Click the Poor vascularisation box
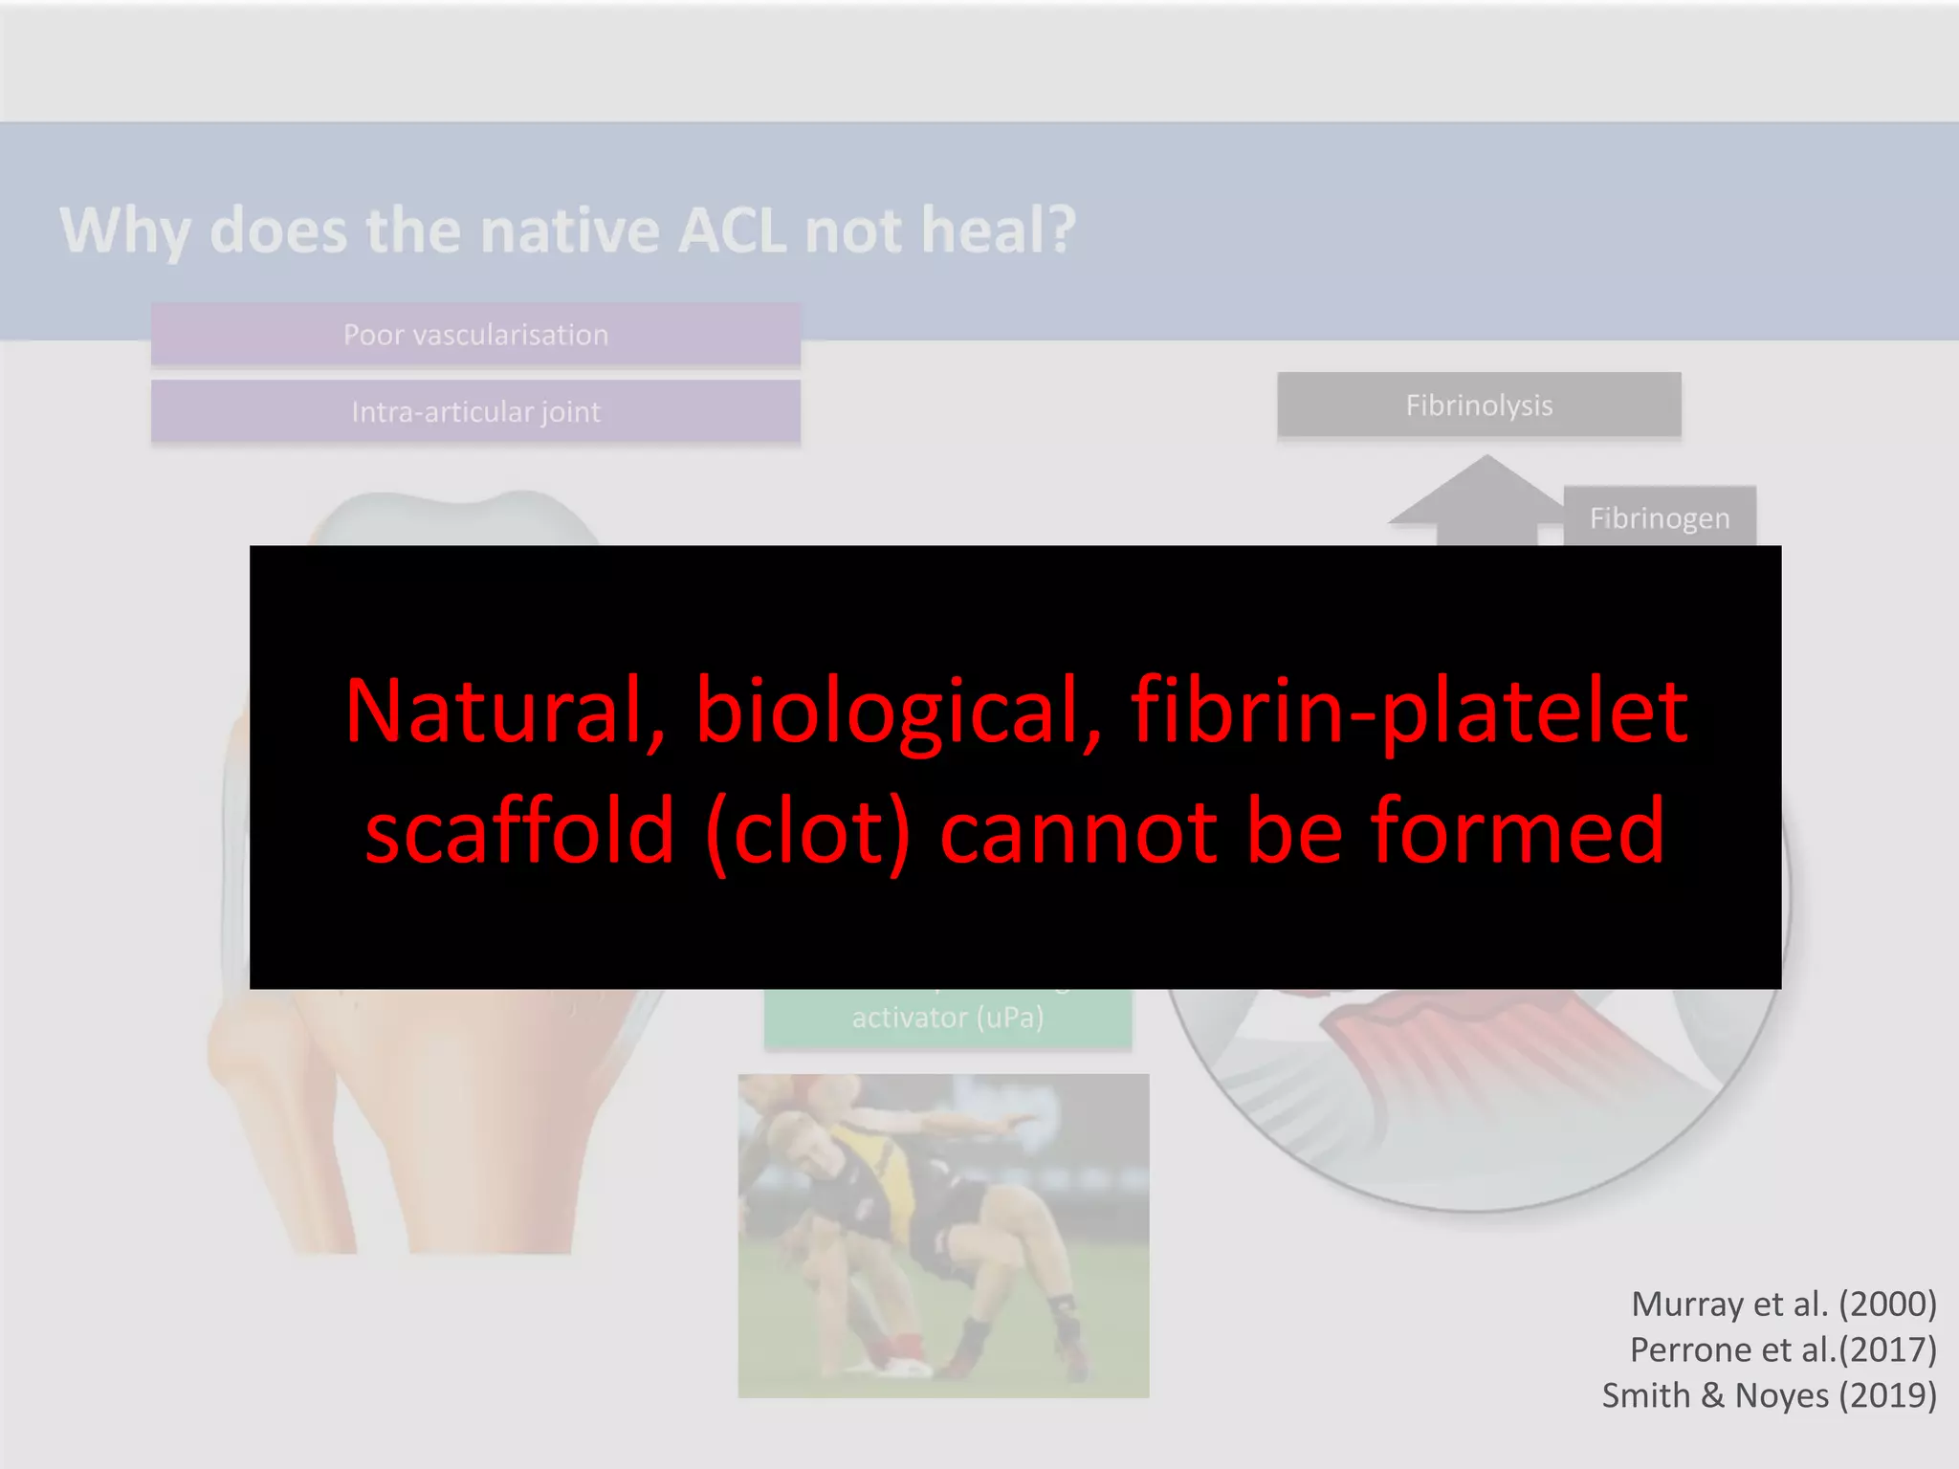pyautogui.click(x=475, y=335)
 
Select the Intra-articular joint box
pyautogui.click(x=475, y=411)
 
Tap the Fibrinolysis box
pyautogui.click(x=1479, y=406)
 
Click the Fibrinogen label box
pyautogui.click(x=1660, y=517)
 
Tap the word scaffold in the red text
pyautogui.click(x=520, y=830)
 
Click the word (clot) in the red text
pyautogui.click(x=808, y=830)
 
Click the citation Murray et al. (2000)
pyautogui.click(x=1783, y=1304)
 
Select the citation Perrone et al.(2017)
pyautogui.click(x=1783, y=1349)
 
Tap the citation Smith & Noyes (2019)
pyautogui.click(x=1769, y=1395)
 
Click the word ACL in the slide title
pyautogui.click(x=732, y=230)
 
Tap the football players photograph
pyautogui.click(x=943, y=1236)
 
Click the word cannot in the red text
pyautogui.click(x=1079, y=830)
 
